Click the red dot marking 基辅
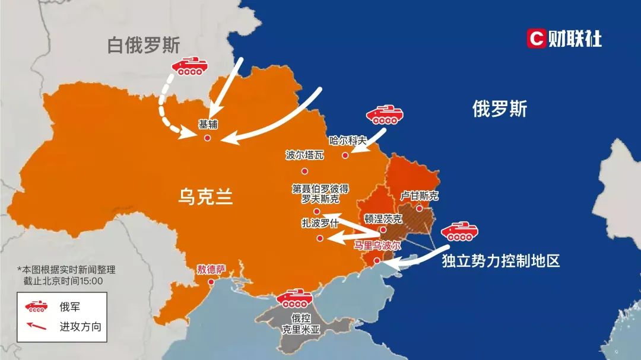(207, 138)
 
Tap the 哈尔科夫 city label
(348, 141)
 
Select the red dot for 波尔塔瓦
(305, 171)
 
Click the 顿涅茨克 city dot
(383, 230)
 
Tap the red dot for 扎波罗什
(320, 238)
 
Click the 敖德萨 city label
(211, 269)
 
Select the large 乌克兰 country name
(205, 196)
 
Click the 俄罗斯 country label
(500, 109)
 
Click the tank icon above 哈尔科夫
(385, 114)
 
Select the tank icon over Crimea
(295, 298)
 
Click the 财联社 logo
(564, 39)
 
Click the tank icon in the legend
(36, 307)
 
